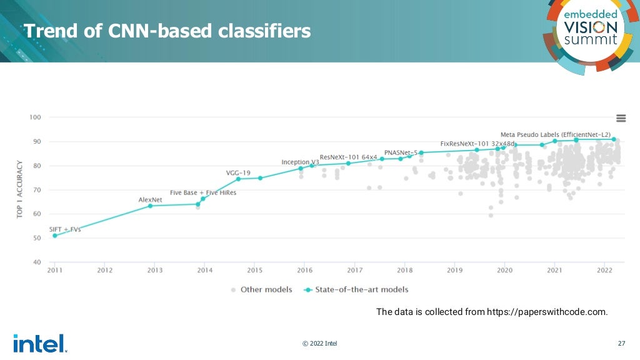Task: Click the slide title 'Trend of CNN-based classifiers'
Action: [x=167, y=31]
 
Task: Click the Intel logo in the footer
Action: [x=39, y=343]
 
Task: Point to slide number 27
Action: [x=621, y=343]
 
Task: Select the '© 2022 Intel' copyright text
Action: [x=319, y=343]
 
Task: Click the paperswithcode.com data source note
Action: [x=491, y=312]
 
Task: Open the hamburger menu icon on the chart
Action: [x=621, y=118]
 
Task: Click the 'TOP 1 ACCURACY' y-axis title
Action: [x=19, y=189]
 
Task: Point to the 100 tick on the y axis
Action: [x=35, y=117]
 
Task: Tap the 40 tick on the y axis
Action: [x=36, y=262]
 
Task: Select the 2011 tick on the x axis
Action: [x=55, y=271]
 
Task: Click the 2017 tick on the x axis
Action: [x=354, y=271]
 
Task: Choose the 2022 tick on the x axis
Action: [x=604, y=271]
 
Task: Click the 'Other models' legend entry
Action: [x=262, y=289]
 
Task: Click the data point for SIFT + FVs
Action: [x=55, y=236]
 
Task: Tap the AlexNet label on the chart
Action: [x=151, y=200]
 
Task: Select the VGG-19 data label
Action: [x=237, y=172]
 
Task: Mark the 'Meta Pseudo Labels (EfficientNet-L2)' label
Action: [x=555, y=134]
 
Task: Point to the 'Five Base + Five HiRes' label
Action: [x=203, y=192]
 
